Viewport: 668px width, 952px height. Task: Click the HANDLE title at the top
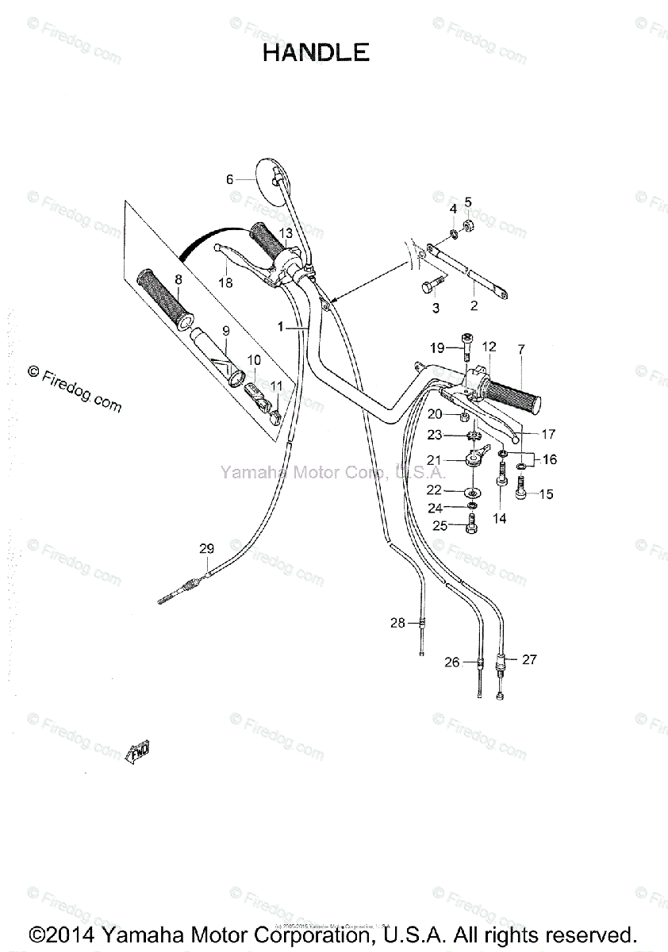click(x=316, y=52)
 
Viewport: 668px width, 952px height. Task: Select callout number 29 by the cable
click(x=206, y=548)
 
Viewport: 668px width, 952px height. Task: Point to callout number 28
click(x=397, y=623)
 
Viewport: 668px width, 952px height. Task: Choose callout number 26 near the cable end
click(x=451, y=662)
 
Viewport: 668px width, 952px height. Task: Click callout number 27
click(x=529, y=658)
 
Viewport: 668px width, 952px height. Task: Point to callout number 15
click(x=546, y=494)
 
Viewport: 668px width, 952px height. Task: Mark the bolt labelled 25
click(x=471, y=524)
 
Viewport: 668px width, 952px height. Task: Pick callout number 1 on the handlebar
click(x=280, y=326)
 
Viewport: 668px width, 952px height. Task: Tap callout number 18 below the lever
click(x=226, y=282)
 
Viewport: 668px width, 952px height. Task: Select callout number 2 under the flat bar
click(x=474, y=305)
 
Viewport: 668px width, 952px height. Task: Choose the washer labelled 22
click(x=472, y=492)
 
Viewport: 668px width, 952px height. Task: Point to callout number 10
click(x=254, y=359)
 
